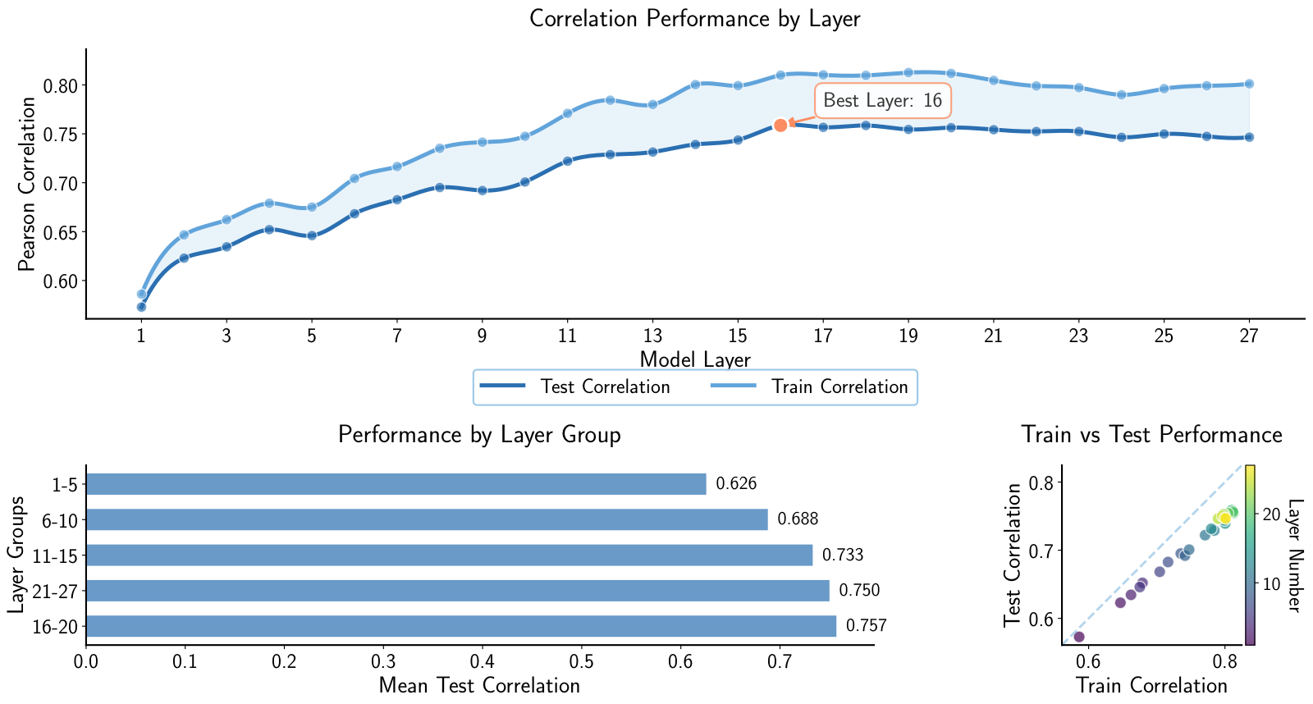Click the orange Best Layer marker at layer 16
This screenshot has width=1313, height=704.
(x=780, y=126)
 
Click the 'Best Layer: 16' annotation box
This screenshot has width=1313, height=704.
(x=882, y=101)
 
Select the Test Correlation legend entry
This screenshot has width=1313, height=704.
(x=574, y=386)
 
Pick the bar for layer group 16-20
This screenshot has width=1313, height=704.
(x=460, y=626)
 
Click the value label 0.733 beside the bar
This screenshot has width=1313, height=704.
(x=843, y=555)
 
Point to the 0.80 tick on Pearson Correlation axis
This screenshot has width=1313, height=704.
(x=62, y=86)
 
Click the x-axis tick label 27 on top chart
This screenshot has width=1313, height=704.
(x=1249, y=336)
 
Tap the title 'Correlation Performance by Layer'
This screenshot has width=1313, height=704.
(x=694, y=18)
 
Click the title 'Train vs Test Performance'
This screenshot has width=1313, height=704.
(x=1151, y=434)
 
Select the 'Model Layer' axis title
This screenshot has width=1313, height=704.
(x=694, y=359)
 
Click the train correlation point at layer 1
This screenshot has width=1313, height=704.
(x=141, y=294)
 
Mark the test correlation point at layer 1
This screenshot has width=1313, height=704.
(x=141, y=307)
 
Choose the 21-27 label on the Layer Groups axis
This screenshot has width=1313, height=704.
(x=54, y=591)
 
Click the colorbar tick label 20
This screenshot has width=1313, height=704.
(x=1271, y=514)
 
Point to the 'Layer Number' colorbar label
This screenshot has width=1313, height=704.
(x=1294, y=555)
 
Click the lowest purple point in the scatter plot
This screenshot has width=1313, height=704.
(x=1079, y=637)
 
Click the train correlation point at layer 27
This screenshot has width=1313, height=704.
(x=1249, y=84)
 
